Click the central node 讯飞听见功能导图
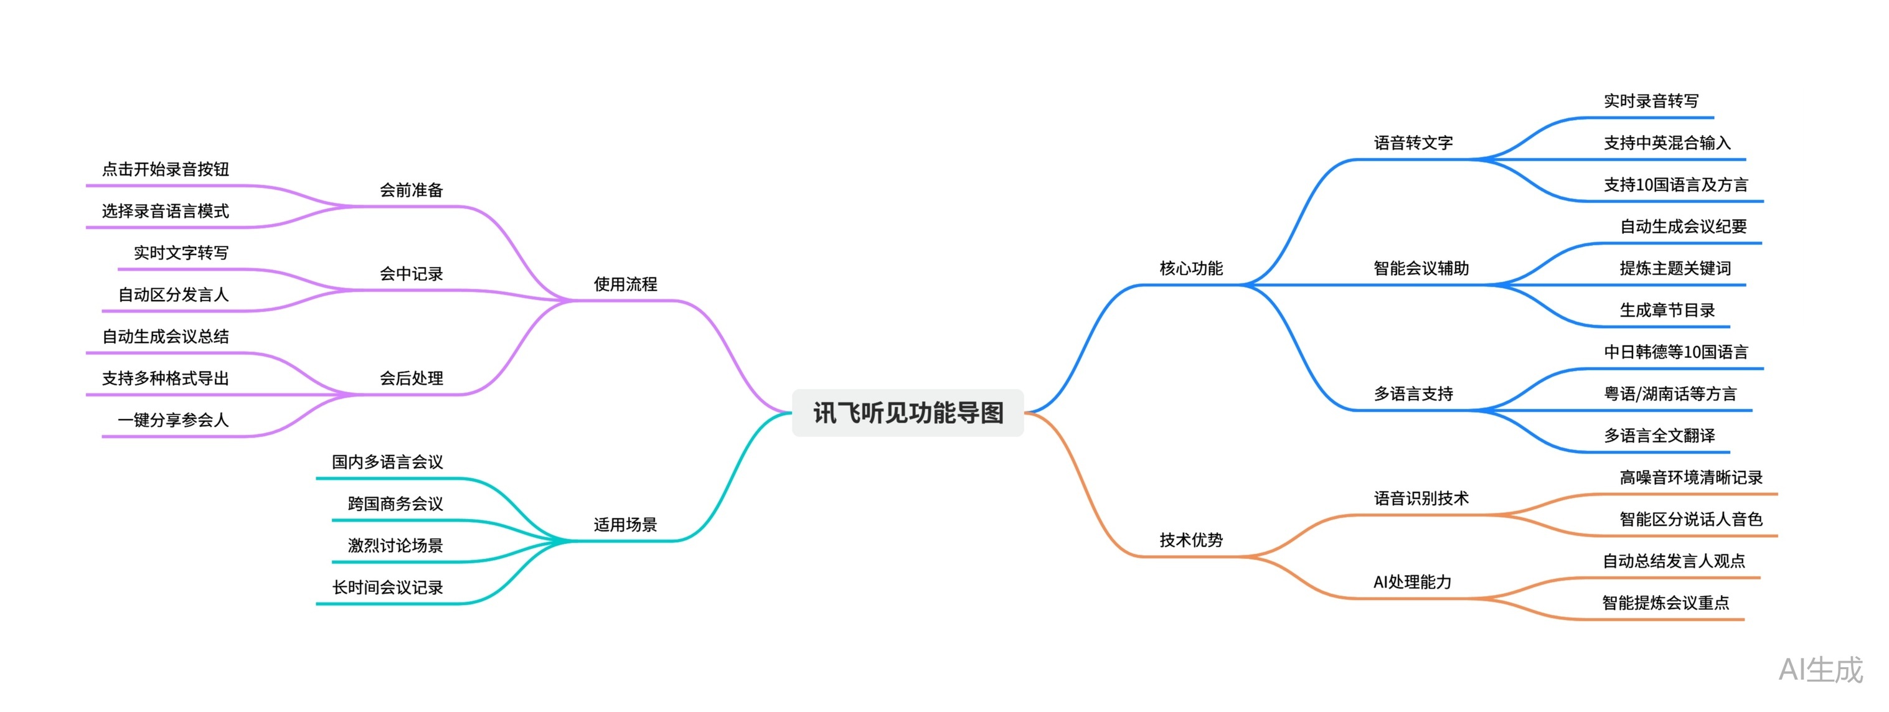click(x=908, y=413)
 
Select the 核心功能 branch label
click(x=1191, y=268)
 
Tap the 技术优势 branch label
click(x=1191, y=540)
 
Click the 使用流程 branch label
click(x=626, y=284)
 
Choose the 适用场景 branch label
click(x=626, y=524)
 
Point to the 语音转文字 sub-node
click(x=1413, y=143)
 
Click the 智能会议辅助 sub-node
click(x=1421, y=268)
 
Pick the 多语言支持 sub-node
click(x=1413, y=394)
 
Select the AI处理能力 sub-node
click(x=1412, y=582)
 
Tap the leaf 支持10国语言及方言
click(x=1675, y=185)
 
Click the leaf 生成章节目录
click(x=1667, y=310)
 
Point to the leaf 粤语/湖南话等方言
click(x=1670, y=394)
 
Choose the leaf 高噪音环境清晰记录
click(x=1691, y=477)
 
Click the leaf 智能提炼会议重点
click(x=1665, y=602)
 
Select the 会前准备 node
click(x=412, y=190)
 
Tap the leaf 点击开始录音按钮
click(x=166, y=169)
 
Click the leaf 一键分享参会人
click(x=173, y=420)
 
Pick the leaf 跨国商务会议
click(x=395, y=504)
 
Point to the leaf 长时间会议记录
click(x=387, y=588)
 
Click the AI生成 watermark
click(x=1821, y=670)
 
